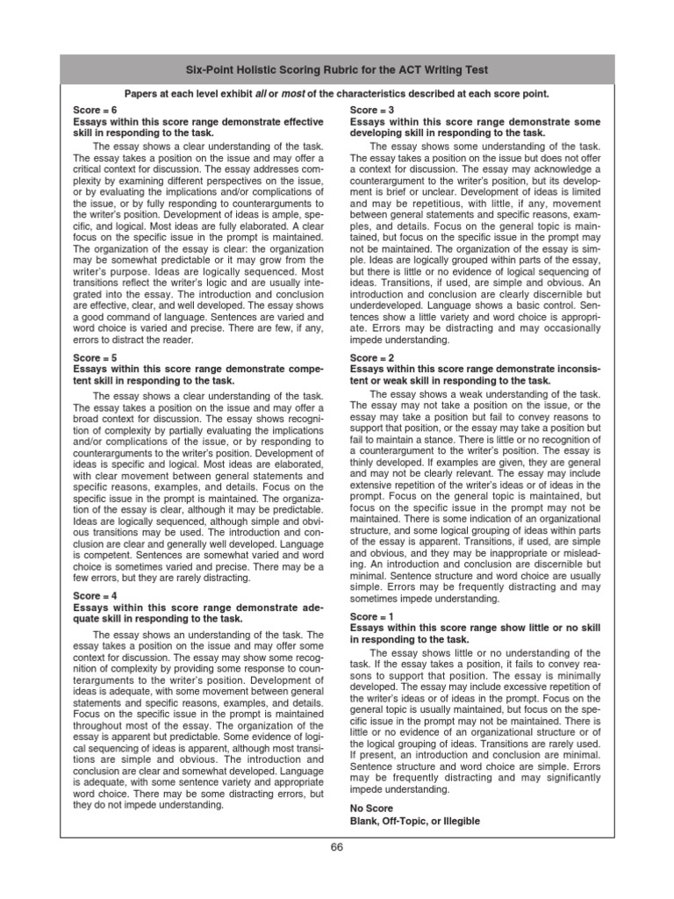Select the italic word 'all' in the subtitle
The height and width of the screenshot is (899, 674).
260,93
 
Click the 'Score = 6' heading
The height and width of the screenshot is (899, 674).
96,111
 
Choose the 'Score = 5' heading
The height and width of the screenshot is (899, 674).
96,359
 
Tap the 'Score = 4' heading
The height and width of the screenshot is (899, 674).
96,595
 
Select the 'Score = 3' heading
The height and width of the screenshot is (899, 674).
373,111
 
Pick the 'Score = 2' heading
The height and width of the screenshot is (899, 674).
373,359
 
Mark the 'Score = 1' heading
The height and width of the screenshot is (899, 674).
373,617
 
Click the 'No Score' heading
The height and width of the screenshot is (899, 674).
372,808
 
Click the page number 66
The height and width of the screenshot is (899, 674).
337,846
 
